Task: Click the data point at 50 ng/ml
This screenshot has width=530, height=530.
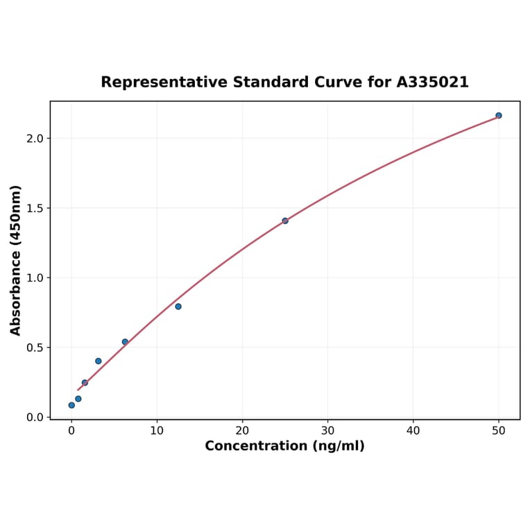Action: (x=498, y=115)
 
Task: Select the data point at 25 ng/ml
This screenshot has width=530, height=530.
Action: (x=285, y=221)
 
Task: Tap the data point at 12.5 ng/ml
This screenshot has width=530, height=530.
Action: (x=178, y=307)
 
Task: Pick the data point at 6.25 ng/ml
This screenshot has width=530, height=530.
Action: (x=125, y=342)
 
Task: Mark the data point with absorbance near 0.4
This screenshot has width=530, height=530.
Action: (x=99, y=361)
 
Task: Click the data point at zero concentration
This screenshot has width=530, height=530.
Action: (x=71, y=405)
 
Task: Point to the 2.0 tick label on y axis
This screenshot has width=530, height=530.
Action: (x=35, y=139)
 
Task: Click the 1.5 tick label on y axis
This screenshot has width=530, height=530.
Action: (x=35, y=208)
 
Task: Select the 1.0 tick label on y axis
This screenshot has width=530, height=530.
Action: (x=35, y=278)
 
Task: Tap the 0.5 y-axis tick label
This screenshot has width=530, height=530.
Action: (x=35, y=348)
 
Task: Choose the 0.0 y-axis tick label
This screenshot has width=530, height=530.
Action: (x=35, y=418)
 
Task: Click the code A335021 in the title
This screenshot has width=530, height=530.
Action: (x=432, y=83)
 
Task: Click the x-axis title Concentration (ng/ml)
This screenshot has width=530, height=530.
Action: (x=284, y=446)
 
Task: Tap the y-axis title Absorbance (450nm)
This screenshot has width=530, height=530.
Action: (x=16, y=260)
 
